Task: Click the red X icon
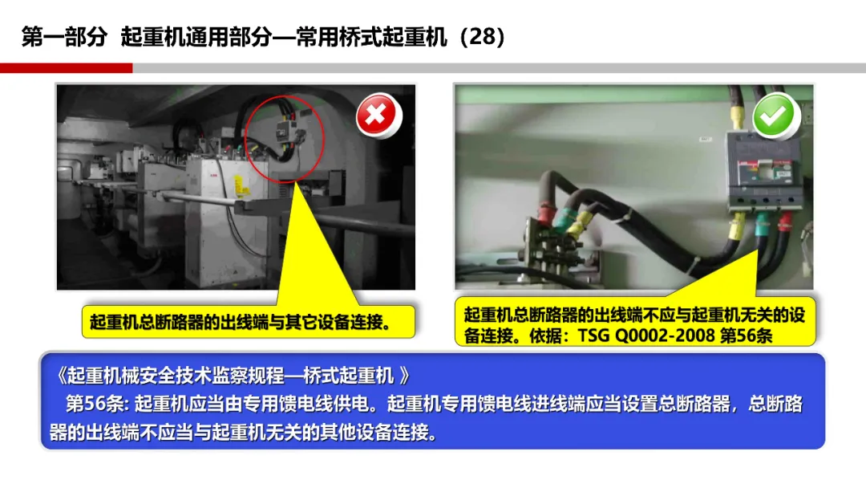[x=377, y=116]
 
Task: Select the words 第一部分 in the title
[x=64, y=37]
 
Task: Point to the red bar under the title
[x=67, y=68]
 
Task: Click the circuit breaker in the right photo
[x=764, y=171]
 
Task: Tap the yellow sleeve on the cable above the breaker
[x=736, y=119]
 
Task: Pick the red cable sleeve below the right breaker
[x=785, y=221]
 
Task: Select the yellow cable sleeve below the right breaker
[x=738, y=226]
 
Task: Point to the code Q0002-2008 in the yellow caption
[x=665, y=335]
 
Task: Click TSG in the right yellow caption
[x=593, y=335]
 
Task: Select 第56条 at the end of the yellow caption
[x=747, y=335]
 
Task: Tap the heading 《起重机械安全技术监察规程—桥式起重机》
[x=232, y=376]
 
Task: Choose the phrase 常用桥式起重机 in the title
[x=371, y=37]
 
